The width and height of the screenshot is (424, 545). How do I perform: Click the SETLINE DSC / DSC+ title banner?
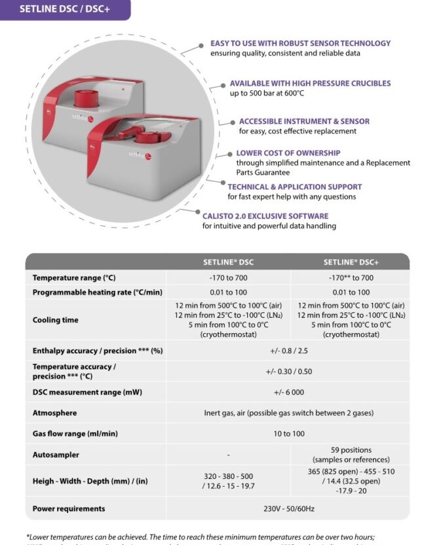point(64,9)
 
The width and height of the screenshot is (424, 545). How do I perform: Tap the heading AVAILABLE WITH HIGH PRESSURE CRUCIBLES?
point(310,84)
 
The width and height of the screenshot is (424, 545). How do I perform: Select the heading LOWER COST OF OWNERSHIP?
point(288,153)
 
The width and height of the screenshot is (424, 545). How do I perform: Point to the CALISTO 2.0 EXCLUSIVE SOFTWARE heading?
point(265,216)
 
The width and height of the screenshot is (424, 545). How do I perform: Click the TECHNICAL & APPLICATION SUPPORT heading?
point(294,186)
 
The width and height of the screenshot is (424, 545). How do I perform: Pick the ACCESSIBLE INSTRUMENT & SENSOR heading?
point(304,121)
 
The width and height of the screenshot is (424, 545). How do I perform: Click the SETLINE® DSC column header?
point(228,262)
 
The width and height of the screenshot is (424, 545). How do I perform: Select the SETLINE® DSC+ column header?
point(351,262)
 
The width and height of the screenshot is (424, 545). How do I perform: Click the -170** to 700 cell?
point(351,278)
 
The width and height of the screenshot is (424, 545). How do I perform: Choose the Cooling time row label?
point(55,320)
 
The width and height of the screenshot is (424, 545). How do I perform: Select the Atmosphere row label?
point(54,413)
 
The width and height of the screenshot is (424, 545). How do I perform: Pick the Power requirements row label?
point(69,508)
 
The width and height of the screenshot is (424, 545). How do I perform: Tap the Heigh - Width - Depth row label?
point(90,481)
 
